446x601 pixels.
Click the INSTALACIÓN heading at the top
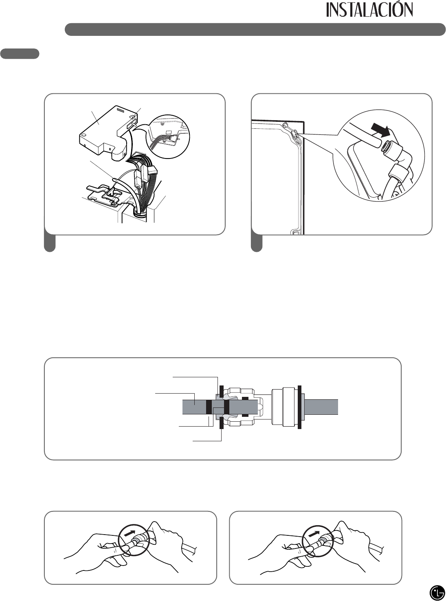(x=369, y=10)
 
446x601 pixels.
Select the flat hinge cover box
(x=106, y=130)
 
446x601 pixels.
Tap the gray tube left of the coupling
(x=194, y=407)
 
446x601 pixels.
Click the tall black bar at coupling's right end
(x=299, y=407)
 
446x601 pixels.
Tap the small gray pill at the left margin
(x=20, y=54)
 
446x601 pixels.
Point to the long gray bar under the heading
(x=255, y=29)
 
